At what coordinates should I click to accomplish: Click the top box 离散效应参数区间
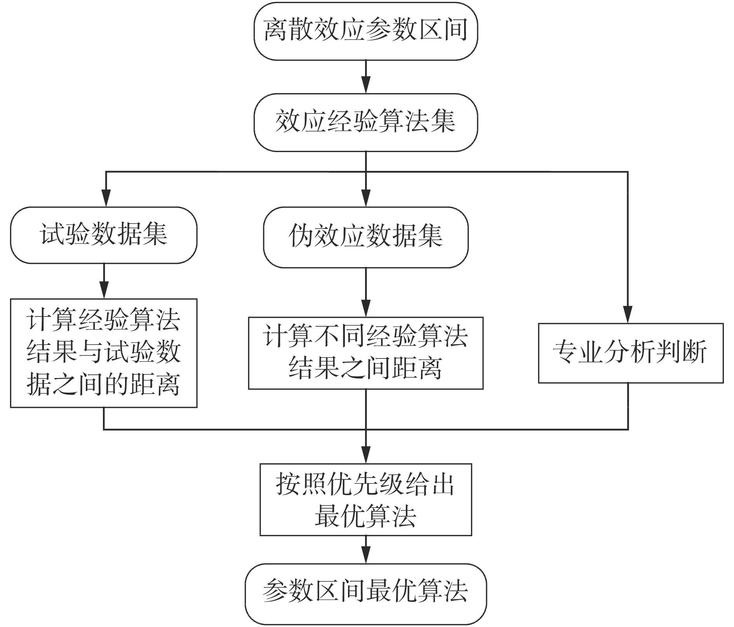click(365, 31)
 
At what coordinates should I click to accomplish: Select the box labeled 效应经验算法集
click(365, 122)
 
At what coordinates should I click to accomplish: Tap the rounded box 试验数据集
click(104, 235)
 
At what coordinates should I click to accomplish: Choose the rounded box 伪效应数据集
click(365, 237)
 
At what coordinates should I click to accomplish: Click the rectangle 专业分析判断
click(630, 353)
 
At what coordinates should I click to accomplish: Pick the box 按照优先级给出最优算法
click(365, 499)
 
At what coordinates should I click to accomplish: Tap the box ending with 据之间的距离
click(104, 353)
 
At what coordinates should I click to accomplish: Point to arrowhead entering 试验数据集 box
click(106, 199)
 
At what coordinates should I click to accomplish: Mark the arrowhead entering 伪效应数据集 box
click(366, 199)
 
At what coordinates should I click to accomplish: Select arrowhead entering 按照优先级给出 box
click(366, 455)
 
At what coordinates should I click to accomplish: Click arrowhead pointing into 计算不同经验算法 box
click(366, 309)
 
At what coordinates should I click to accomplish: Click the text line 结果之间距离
click(365, 369)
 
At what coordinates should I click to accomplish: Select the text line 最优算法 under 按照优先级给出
click(365, 516)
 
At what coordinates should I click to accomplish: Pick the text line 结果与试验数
click(104, 353)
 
